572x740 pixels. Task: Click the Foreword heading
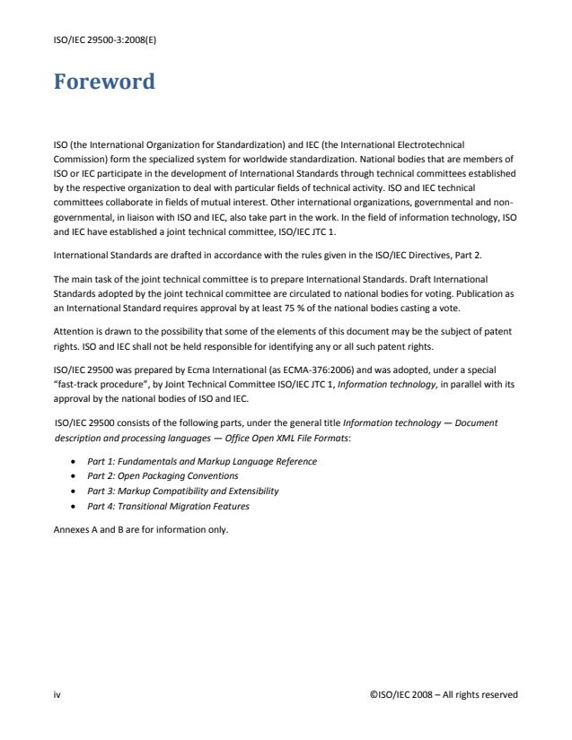coord(103,83)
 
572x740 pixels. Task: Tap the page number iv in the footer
coord(56,693)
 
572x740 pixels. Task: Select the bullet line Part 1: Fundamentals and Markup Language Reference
coord(201,461)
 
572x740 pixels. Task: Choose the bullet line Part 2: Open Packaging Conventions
coord(162,475)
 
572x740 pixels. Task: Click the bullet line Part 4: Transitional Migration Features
coord(168,506)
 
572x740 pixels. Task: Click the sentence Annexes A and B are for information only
coord(142,529)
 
